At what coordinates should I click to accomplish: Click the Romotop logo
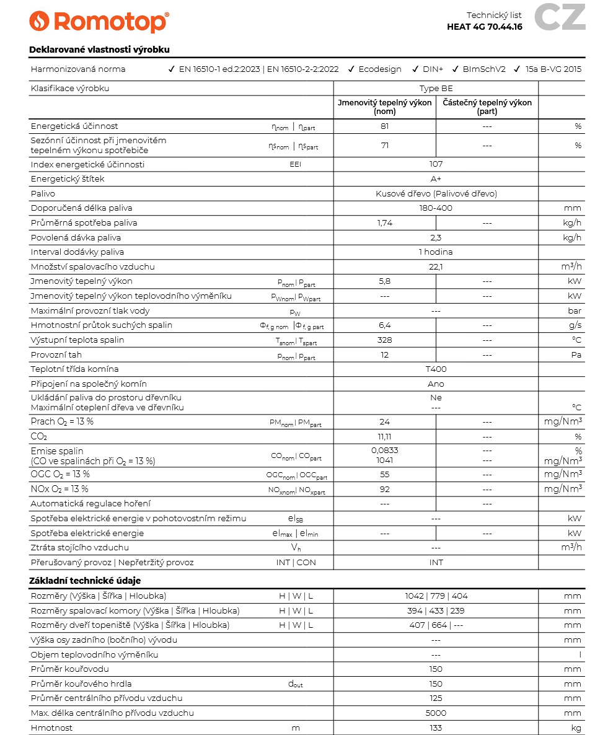[x=99, y=22]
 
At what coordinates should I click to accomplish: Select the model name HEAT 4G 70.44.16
[x=484, y=27]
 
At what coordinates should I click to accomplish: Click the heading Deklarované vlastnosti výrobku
[x=99, y=50]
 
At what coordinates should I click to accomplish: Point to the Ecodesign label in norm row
[x=379, y=69]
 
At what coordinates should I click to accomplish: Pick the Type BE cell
[x=436, y=89]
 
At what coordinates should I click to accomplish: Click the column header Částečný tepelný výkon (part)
[x=487, y=107]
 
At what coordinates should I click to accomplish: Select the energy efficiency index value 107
[x=436, y=164]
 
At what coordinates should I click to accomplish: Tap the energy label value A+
[x=436, y=179]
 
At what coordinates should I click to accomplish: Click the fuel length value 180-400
[x=436, y=208]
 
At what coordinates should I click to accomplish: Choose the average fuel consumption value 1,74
[x=384, y=223]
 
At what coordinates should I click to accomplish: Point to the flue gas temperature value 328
[x=384, y=340]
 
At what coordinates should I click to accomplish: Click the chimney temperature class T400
[x=436, y=369]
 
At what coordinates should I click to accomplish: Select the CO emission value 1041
[x=384, y=460]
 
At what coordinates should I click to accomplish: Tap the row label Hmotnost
[x=51, y=728]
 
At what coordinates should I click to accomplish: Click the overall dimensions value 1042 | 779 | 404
[x=436, y=596]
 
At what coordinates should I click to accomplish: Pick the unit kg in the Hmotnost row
[x=576, y=728]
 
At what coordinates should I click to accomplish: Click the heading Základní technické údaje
[x=85, y=581]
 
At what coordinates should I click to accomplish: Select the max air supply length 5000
[x=436, y=713]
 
